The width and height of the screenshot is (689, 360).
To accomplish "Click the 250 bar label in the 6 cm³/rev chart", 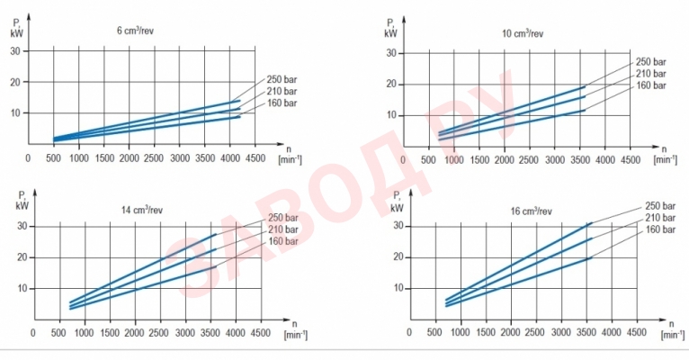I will [x=282, y=80].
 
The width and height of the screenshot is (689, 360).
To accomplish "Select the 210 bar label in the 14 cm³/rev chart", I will [x=282, y=230].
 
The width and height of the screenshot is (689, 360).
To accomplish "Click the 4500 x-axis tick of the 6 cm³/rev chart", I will [x=255, y=157].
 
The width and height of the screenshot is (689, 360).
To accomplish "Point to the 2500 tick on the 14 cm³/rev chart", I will [x=159, y=332].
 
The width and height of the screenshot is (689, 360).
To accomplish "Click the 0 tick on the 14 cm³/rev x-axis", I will [x=34, y=332].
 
